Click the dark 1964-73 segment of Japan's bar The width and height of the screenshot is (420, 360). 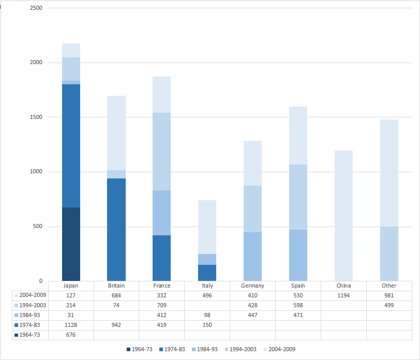click(71, 244)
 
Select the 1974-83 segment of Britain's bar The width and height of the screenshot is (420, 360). click(116, 230)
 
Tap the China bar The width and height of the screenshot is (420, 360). click(343, 216)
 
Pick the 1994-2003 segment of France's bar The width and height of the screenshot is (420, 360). click(162, 152)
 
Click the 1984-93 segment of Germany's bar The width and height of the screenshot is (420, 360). click(252, 257)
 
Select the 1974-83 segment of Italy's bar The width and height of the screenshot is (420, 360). click(207, 273)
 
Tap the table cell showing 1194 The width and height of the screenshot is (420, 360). click(343, 295)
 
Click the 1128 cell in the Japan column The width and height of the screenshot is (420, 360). click(71, 325)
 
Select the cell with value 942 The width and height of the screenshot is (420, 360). click(116, 325)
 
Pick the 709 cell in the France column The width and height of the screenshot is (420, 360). click(162, 305)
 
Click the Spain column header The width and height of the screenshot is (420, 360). click(298, 286)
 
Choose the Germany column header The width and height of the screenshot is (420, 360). click(252, 286)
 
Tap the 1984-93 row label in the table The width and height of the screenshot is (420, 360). click(29, 315)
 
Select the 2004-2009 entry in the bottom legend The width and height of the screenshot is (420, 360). click(281, 349)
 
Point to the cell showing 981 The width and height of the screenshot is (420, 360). click(389, 295)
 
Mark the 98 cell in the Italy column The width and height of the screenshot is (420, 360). click(207, 315)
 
